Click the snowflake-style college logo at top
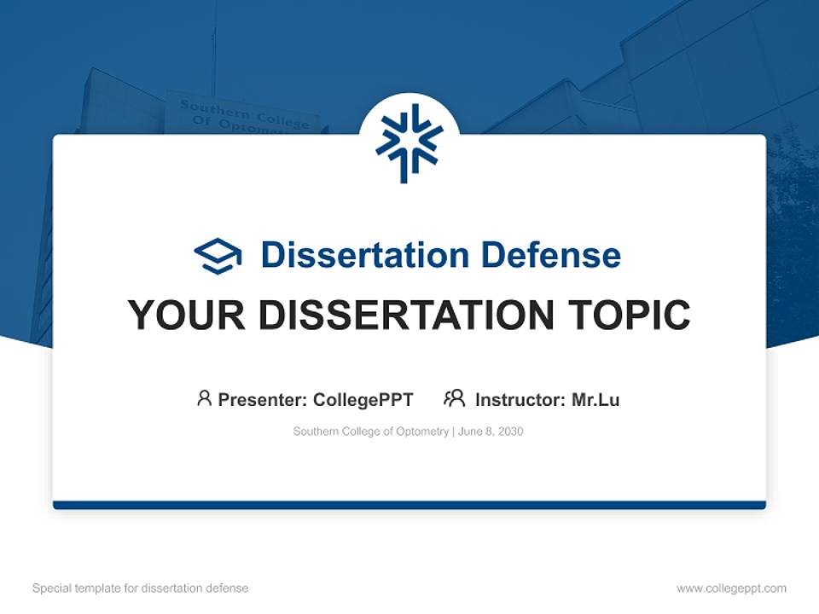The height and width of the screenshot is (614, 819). coord(409,143)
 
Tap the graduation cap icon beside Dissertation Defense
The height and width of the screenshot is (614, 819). coord(218,256)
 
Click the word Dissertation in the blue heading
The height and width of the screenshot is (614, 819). coord(364,255)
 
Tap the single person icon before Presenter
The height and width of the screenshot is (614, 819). coord(204,398)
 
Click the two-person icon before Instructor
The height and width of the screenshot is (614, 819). coord(454,398)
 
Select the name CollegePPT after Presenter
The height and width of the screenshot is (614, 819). coord(363,400)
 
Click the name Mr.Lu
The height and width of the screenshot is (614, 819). coord(595,400)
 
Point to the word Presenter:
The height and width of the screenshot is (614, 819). coord(263,400)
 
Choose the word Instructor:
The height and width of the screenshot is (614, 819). coord(520,400)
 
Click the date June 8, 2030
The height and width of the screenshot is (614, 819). coord(491,432)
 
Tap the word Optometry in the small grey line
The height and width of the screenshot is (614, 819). coord(421,432)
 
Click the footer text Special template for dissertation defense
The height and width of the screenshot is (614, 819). coord(140,588)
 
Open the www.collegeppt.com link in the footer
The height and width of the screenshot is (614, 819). coord(731,588)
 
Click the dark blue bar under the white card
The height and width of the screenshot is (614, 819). coord(409,506)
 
